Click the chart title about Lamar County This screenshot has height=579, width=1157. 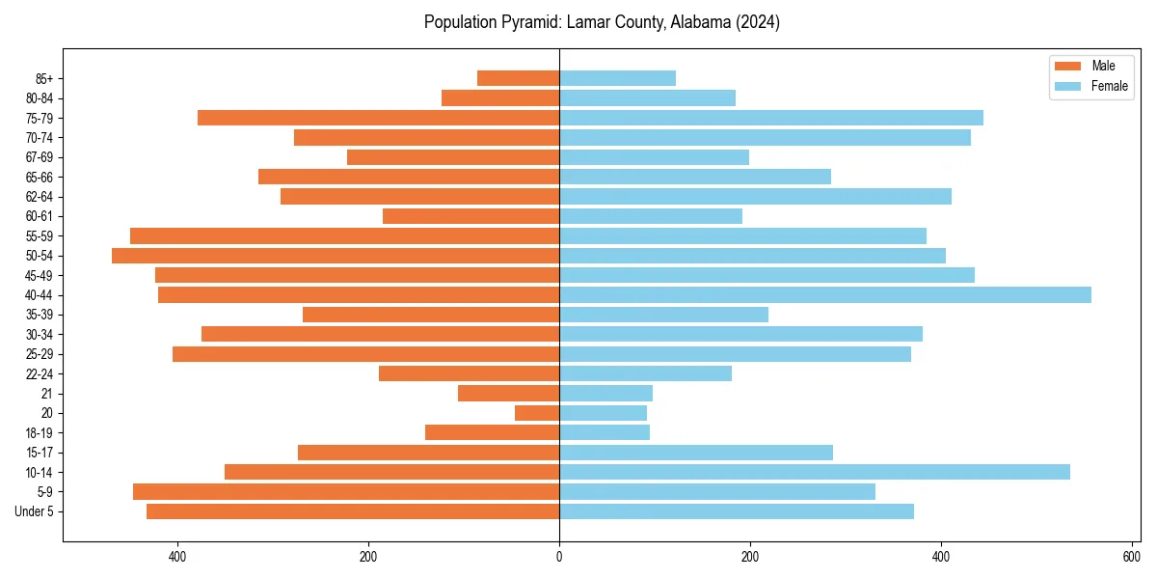point(602,22)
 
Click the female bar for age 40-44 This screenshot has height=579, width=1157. point(824,294)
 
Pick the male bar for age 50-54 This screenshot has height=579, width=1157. point(336,256)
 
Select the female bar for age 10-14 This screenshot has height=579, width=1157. point(814,472)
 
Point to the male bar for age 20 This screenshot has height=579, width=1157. point(537,413)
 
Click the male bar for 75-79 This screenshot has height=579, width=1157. point(378,118)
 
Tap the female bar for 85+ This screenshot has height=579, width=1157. point(617,78)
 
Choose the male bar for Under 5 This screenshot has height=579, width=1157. point(353,511)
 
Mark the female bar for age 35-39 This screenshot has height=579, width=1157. point(663,315)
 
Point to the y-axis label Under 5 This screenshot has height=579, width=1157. point(35,511)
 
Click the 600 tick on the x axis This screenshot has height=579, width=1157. point(1131,557)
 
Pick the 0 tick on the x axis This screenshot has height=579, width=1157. point(559,557)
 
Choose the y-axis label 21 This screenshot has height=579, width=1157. point(47,394)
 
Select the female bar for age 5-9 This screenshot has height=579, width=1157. point(717,491)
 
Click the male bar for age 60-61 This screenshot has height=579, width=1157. point(471,216)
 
